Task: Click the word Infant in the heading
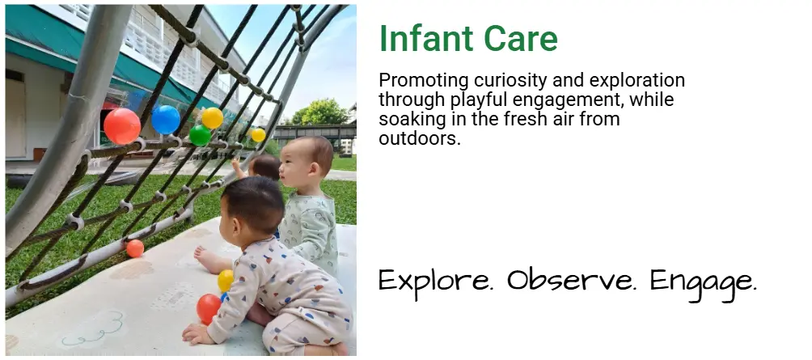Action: coord(427,38)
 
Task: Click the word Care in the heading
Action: coord(521,38)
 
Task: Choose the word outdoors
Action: coord(420,138)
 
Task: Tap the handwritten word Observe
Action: coord(572,280)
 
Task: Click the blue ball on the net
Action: coord(166,120)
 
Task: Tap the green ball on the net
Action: coord(200,135)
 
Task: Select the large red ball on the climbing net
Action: coord(122,126)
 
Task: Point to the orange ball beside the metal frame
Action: coord(135,248)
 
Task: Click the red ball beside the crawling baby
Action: coord(208,309)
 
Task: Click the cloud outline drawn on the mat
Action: coord(93,331)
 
